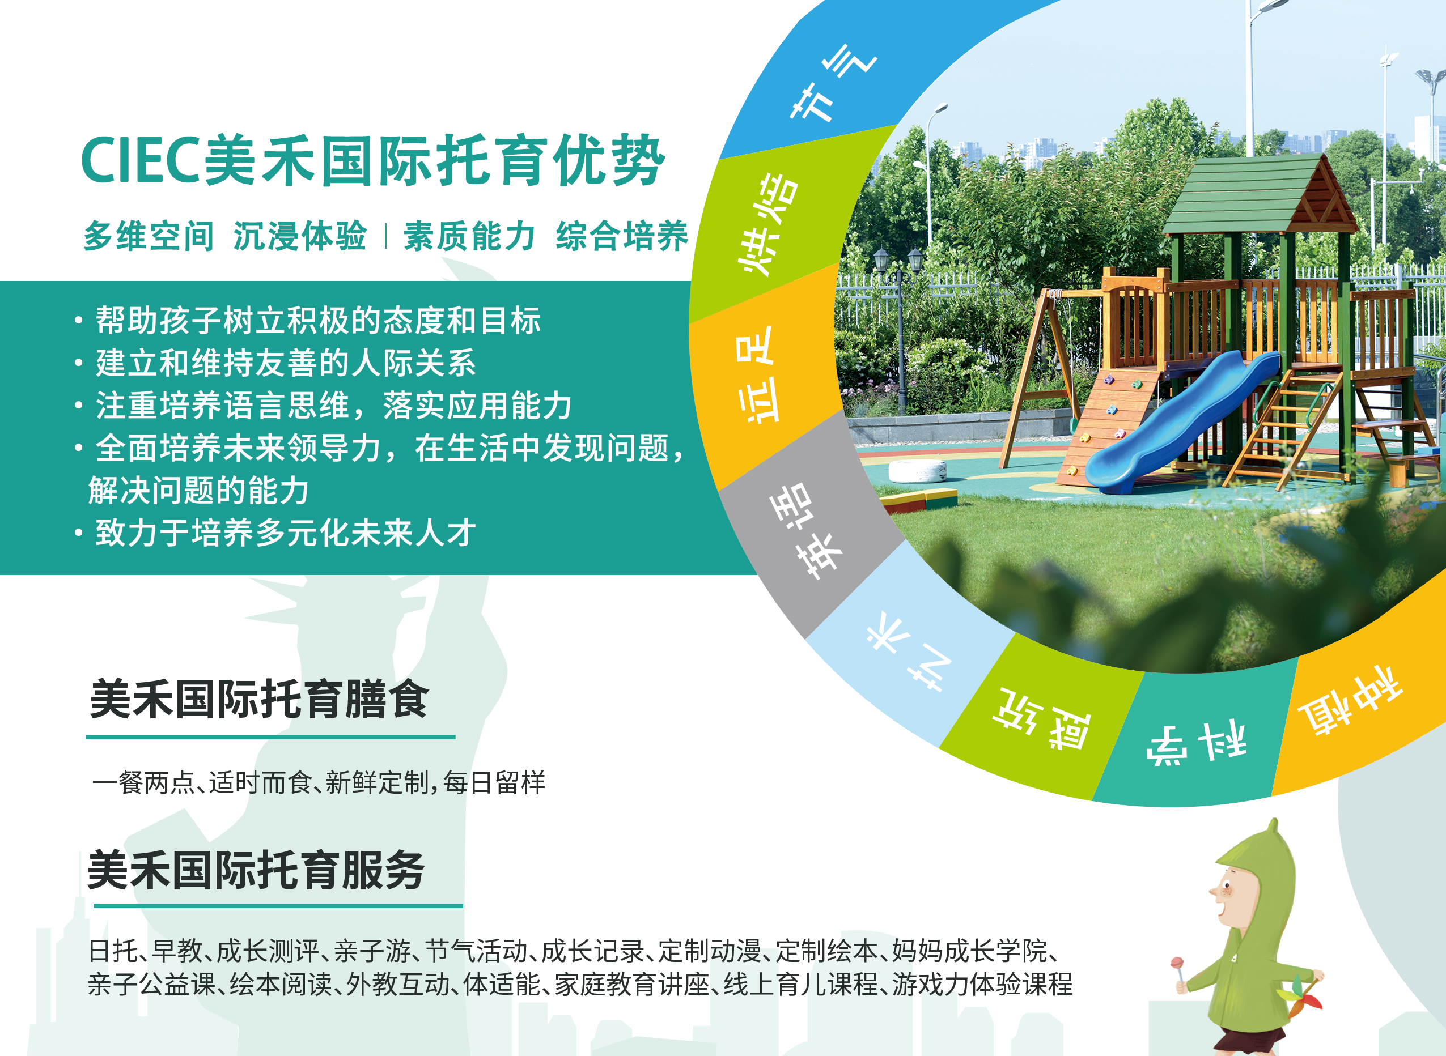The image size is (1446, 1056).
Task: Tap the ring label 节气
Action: coord(833,83)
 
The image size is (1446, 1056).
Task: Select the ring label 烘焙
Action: coord(767,224)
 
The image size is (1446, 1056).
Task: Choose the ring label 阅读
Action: coord(1041,718)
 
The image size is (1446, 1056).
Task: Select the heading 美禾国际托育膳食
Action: coord(259,699)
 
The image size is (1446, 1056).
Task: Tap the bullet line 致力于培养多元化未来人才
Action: coord(285,533)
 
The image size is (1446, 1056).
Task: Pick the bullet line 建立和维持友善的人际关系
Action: coord(285,363)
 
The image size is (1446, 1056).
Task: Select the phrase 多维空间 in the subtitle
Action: coord(149,236)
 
